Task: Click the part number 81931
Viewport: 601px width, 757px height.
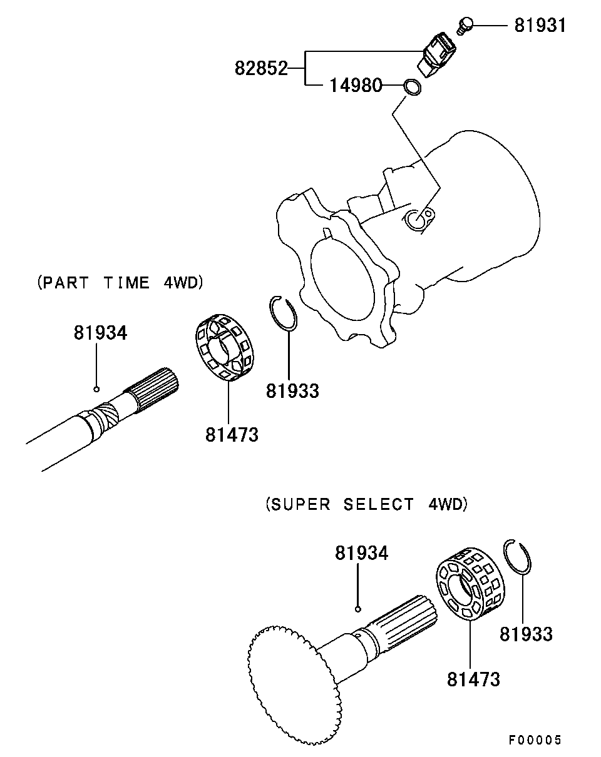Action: (540, 25)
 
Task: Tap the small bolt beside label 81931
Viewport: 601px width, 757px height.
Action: (465, 25)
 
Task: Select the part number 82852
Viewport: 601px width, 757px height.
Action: (261, 68)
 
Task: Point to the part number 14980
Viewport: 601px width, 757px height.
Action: (356, 85)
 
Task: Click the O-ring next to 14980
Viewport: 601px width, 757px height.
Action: (412, 87)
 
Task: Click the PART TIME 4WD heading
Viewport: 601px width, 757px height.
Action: (120, 283)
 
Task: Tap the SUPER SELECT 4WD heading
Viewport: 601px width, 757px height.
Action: (367, 504)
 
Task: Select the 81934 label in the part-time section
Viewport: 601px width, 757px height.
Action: (100, 332)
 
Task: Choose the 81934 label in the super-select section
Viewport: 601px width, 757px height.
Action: (362, 552)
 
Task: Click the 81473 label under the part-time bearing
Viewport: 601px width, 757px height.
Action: (232, 434)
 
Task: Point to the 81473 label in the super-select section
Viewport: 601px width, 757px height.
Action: (473, 679)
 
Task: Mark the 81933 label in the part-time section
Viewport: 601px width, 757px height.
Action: (292, 391)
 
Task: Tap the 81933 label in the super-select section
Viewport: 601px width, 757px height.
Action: (527, 634)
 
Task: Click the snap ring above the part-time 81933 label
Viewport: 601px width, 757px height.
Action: (284, 313)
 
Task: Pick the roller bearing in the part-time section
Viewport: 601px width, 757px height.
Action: (225, 347)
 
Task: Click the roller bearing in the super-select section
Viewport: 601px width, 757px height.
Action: (470, 584)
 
